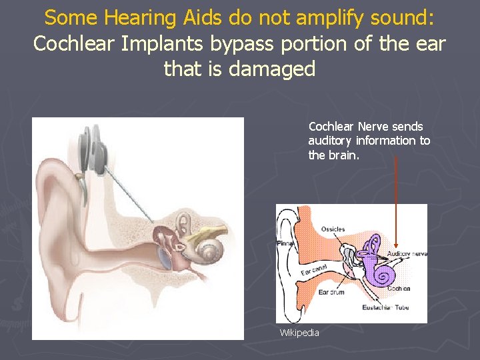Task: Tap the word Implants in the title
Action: tap(174, 44)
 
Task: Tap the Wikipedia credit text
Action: tap(299, 332)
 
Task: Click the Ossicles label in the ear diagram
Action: tap(333, 229)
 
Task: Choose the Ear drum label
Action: tap(331, 291)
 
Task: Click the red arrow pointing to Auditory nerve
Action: tap(396, 200)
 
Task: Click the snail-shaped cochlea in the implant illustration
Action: tap(212, 251)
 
